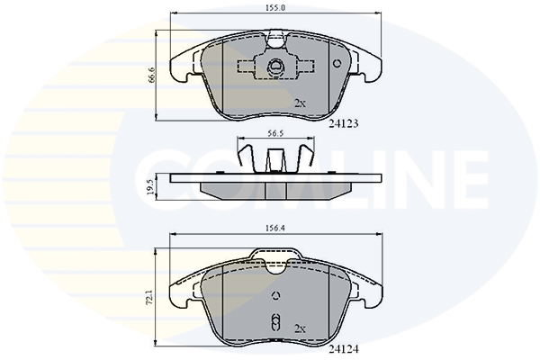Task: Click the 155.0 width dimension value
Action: pyautogui.click(x=275, y=8)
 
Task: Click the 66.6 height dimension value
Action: pyautogui.click(x=151, y=75)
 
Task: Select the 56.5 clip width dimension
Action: pyautogui.click(x=275, y=133)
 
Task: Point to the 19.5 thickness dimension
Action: pyautogui.click(x=151, y=187)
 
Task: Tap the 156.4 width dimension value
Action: pyautogui.click(x=275, y=228)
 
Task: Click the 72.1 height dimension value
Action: pyautogui.click(x=149, y=297)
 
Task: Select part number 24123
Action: pyautogui.click(x=344, y=123)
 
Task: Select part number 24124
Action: pyautogui.click(x=344, y=349)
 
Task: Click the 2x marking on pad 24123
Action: pyautogui.click(x=300, y=103)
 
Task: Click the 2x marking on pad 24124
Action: pyautogui.click(x=300, y=329)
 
